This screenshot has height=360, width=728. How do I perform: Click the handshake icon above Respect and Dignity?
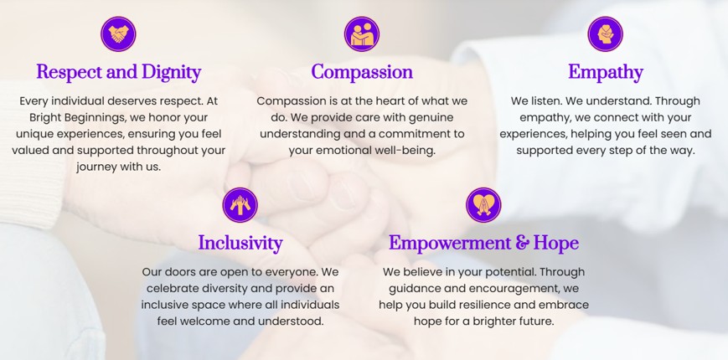[x=118, y=33]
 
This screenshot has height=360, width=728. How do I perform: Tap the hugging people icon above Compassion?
[x=362, y=33]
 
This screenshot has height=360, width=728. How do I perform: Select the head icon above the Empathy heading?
[x=605, y=33]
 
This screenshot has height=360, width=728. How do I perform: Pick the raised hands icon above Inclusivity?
[x=240, y=204]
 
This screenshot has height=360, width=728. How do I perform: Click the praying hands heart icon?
[x=483, y=204]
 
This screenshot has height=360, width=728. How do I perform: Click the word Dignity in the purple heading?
[x=172, y=72]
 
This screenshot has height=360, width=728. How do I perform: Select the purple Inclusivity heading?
[x=240, y=243]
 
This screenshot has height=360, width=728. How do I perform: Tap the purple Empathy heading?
[x=606, y=72]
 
